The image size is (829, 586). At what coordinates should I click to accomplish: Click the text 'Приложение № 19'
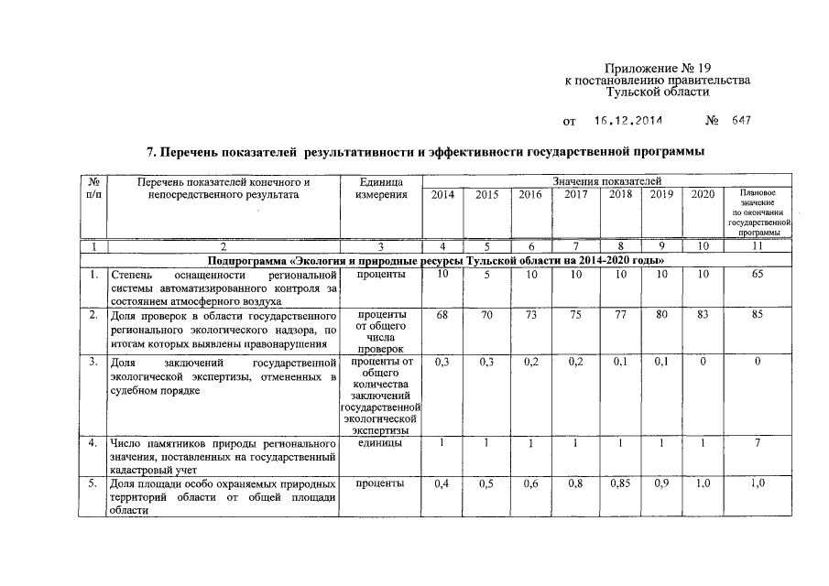point(657,69)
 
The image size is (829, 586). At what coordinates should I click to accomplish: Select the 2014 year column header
point(442,194)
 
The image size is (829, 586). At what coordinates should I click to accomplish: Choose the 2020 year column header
point(703,194)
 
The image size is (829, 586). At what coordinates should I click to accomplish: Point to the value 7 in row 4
point(758,444)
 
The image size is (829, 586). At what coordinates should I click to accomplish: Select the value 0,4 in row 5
point(442,483)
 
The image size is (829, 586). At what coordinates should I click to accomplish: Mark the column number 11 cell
point(758,247)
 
